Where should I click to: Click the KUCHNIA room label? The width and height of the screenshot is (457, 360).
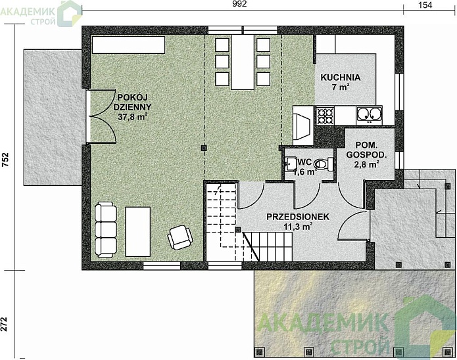click(x=341, y=78)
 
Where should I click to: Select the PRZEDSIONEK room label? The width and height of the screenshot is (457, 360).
click(x=298, y=217)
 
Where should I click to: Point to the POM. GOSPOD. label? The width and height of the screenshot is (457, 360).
click(x=366, y=150)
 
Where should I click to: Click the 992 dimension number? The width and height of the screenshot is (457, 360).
click(x=240, y=3)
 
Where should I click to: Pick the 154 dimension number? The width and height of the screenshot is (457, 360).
click(x=425, y=5)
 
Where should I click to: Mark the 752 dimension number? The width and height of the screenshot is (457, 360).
click(x=5, y=160)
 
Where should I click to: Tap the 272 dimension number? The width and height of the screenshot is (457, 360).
click(x=5, y=324)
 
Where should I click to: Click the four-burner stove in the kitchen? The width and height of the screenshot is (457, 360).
click(x=325, y=116)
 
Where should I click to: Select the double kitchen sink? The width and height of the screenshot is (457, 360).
click(x=369, y=116)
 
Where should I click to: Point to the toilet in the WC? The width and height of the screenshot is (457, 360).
click(x=324, y=164)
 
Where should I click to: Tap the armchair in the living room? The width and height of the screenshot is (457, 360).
click(x=180, y=237)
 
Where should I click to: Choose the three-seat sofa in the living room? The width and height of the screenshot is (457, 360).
click(x=105, y=229)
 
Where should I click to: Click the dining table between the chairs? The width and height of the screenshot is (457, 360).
click(x=243, y=62)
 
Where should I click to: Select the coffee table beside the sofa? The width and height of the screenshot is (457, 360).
click(x=138, y=232)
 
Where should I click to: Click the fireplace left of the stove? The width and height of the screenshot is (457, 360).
click(x=303, y=125)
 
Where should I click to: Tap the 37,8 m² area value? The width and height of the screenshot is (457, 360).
click(x=132, y=117)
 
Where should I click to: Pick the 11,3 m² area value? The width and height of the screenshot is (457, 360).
click(x=298, y=226)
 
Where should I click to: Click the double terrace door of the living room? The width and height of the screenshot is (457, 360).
click(x=101, y=116)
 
